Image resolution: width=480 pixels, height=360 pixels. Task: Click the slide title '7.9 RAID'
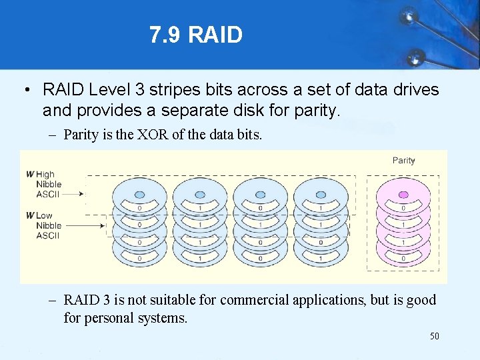coord(196,35)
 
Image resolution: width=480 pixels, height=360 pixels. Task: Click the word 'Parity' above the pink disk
coord(403,160)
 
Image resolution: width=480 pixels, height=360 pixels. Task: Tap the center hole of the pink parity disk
coord(403,195)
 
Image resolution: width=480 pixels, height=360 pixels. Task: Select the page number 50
coord(434,336)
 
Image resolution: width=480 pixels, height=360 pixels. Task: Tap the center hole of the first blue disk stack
coord(140,195)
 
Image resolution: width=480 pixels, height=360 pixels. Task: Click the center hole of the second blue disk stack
coord(200,195)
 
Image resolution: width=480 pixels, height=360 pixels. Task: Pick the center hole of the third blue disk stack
coord(261,195)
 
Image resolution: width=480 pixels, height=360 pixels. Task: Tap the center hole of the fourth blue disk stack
coord(321,195)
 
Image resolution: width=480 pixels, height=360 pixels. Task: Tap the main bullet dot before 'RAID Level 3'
coord(25,90)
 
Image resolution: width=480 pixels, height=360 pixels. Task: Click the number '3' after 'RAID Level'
coord(139,89)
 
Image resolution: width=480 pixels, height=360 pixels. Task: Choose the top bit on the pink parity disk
coord(403,208)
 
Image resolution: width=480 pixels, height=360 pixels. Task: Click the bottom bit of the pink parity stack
coord(403,259)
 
